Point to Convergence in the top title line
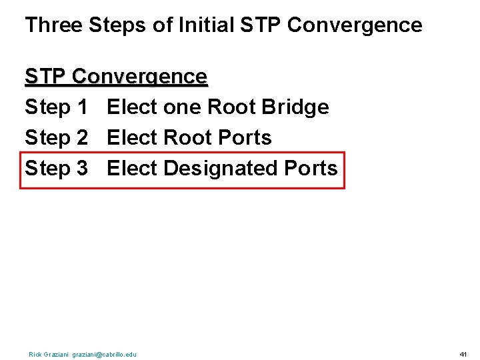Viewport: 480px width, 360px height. [x=354, y=25]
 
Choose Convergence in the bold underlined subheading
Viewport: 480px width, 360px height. [x=140, y=77]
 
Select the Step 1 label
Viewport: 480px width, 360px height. [x=56, y=107]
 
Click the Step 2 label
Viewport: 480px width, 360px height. [x=56, y=138]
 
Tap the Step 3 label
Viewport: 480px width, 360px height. [x=56, y=169]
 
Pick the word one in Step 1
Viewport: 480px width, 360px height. [x=181, y=107]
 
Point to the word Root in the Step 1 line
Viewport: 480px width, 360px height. [x=231, y=107]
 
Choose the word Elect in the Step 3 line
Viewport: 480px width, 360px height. [x=131, y=169]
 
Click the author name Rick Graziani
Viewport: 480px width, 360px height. [x=49, y=355]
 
